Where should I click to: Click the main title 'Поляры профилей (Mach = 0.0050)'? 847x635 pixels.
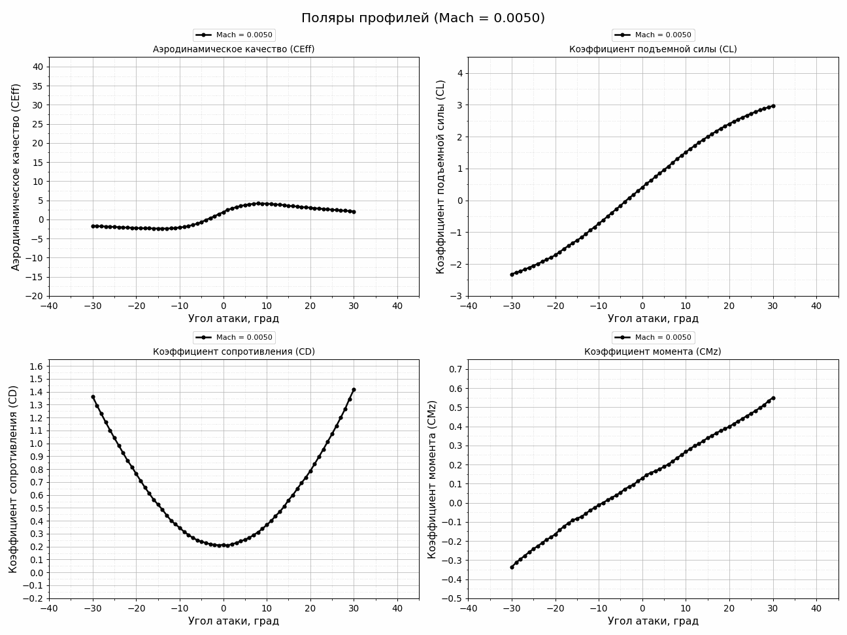(423, 18)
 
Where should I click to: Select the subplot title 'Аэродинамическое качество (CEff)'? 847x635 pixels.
(233, 49)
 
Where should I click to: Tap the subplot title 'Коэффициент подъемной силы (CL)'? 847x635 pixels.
(653, 49)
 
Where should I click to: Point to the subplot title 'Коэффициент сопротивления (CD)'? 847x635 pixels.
(233, 351)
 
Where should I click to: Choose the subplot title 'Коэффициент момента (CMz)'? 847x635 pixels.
(653, 351)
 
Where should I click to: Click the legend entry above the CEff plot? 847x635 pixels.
(233, 35)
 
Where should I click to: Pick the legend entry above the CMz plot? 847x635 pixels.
(653, 338)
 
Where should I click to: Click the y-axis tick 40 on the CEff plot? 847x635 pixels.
(37, 67)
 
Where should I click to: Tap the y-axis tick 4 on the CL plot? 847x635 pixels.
(459, 73)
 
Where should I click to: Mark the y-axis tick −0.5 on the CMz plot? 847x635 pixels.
(452, 598)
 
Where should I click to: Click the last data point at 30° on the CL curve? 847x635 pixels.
(773, 106)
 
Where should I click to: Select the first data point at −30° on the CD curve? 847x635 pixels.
(93, 397)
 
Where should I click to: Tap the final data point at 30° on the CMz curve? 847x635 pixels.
(773, 398)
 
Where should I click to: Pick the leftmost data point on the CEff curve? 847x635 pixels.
(93, 226)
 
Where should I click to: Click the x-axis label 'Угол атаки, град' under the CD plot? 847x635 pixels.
(233, 621)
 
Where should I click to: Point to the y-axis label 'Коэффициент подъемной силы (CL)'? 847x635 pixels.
(440, 176)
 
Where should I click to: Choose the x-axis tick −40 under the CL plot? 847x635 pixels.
(468, 306)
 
